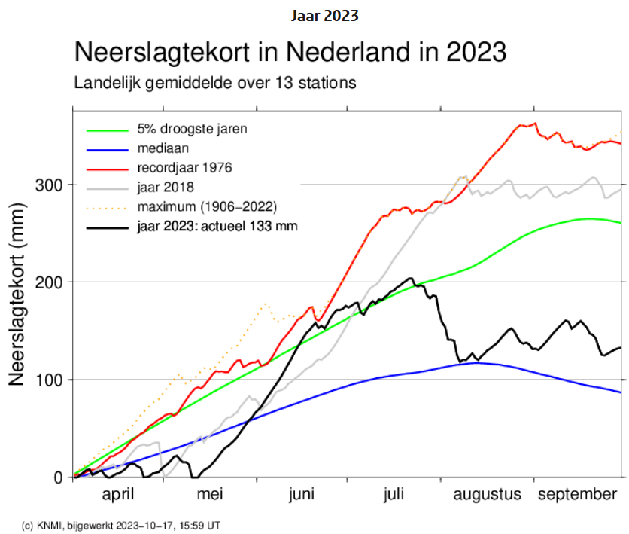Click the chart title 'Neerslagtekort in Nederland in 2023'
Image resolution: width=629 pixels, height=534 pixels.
(x=290, y=53)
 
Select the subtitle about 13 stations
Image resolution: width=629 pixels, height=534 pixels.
(x=214, y=82)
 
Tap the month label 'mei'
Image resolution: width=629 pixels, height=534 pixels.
(x=210, y=494)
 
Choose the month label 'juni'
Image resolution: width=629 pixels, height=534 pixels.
(x=301, y=494)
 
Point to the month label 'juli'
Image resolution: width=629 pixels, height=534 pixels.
(x=394, y=494)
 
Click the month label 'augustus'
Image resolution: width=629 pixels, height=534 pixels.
(x=486, y=494)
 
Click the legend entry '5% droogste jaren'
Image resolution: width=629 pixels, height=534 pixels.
(x=192, y=129)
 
